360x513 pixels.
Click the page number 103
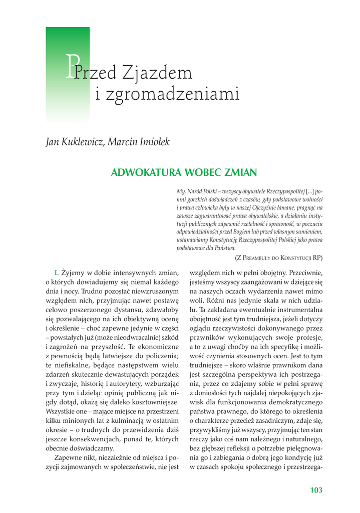(316, 490)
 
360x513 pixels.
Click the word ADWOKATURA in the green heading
(147, 173)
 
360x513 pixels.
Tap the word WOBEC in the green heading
(203, 173)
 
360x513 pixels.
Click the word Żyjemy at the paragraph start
(73, 273)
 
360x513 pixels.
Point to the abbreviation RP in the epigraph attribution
(317, 258)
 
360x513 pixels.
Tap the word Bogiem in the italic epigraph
(256, 232)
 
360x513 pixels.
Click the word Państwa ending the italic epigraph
(224, 247)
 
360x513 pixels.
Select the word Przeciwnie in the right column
(303, 273)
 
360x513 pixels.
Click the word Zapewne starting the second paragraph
(70, 458)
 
